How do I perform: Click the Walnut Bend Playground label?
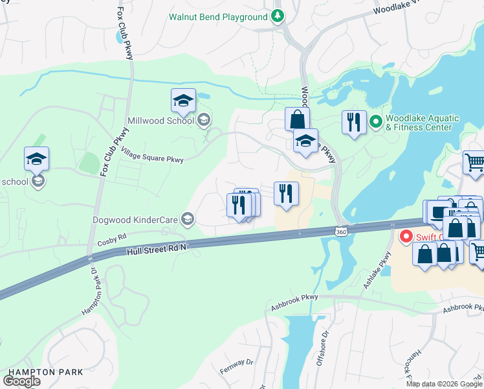[x=218, y=16]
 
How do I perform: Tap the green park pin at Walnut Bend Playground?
[x=278, y=16]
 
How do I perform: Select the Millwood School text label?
[x=161, y=120]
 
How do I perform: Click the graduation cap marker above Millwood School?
[x=183, y=101]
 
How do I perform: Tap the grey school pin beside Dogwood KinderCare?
[x=188, y=218]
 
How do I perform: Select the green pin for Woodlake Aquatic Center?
[x=375, y=121]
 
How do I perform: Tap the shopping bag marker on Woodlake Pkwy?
[x=297, y=119]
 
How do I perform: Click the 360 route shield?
[x=340, y=231]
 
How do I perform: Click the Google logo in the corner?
[x=21, y=381]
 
